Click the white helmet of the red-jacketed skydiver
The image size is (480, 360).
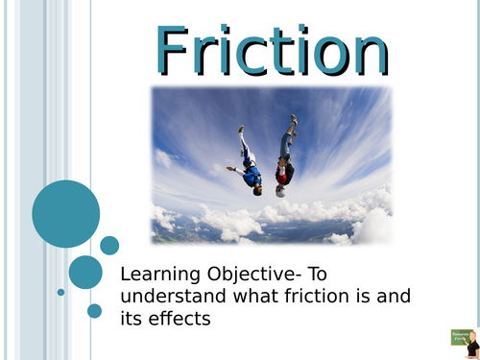tap(280, 191)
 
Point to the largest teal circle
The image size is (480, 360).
tap(65, 213)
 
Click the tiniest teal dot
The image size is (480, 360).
tap(60, 292)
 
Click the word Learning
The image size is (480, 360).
tap(158, 274)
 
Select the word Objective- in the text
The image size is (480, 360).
tap(251, 274)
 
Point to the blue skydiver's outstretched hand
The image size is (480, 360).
tap(230, 169)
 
